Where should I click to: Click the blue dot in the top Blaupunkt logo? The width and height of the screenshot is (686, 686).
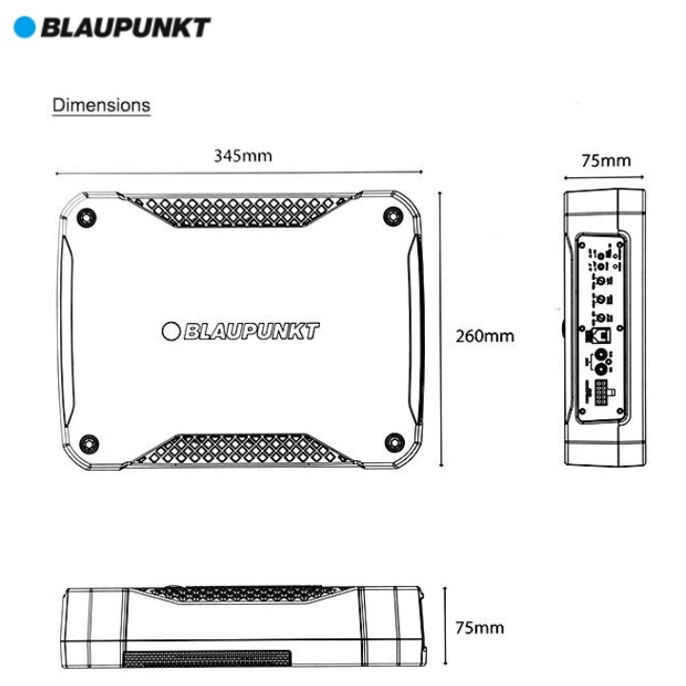tap(24, 27)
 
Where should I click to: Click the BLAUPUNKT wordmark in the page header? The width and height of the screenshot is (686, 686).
tap(124, 27)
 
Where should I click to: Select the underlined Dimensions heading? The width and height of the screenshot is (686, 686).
tap(101, 105)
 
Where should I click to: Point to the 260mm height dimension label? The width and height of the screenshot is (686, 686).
tap(485, 335)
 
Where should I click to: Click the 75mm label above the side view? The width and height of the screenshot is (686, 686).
tap(606, 160)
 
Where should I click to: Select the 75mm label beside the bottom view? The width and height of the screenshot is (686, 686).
tap(479, 628)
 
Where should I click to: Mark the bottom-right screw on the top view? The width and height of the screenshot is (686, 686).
tap(394, 441)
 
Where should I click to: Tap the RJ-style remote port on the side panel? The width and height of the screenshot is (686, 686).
tap(603, 334)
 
